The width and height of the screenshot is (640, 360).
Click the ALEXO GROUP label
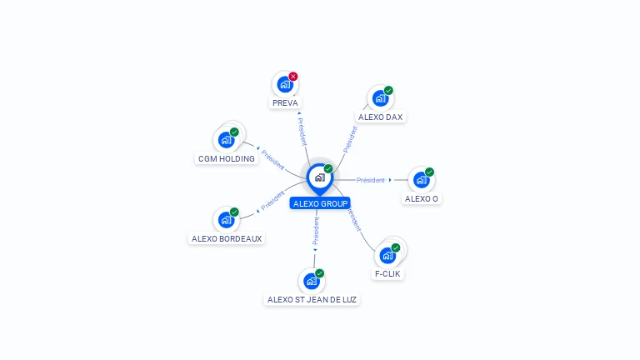320,203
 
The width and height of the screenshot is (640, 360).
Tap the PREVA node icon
285,84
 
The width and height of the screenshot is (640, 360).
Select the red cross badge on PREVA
293,77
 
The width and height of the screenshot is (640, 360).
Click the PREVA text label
285,103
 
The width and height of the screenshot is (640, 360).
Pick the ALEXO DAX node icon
380,98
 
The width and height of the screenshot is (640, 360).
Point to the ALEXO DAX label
381,117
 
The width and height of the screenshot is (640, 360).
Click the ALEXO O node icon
421,180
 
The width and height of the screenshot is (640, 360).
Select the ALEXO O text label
422,199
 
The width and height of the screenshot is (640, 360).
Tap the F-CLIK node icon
387,255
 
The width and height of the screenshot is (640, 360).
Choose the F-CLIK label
388,273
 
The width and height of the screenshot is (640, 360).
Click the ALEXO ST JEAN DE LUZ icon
312,281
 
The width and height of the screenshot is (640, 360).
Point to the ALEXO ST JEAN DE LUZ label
312,299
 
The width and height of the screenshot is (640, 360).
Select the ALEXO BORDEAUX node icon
226,220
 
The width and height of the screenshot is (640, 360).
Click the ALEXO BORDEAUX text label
227,238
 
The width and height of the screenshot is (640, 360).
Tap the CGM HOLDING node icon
226,140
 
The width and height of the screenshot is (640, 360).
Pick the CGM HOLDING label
227,158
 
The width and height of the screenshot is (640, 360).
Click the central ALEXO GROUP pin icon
319,177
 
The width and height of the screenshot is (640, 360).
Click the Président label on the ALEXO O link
371,180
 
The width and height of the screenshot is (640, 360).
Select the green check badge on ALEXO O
429,172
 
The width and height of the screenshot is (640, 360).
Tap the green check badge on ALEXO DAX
388,91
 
